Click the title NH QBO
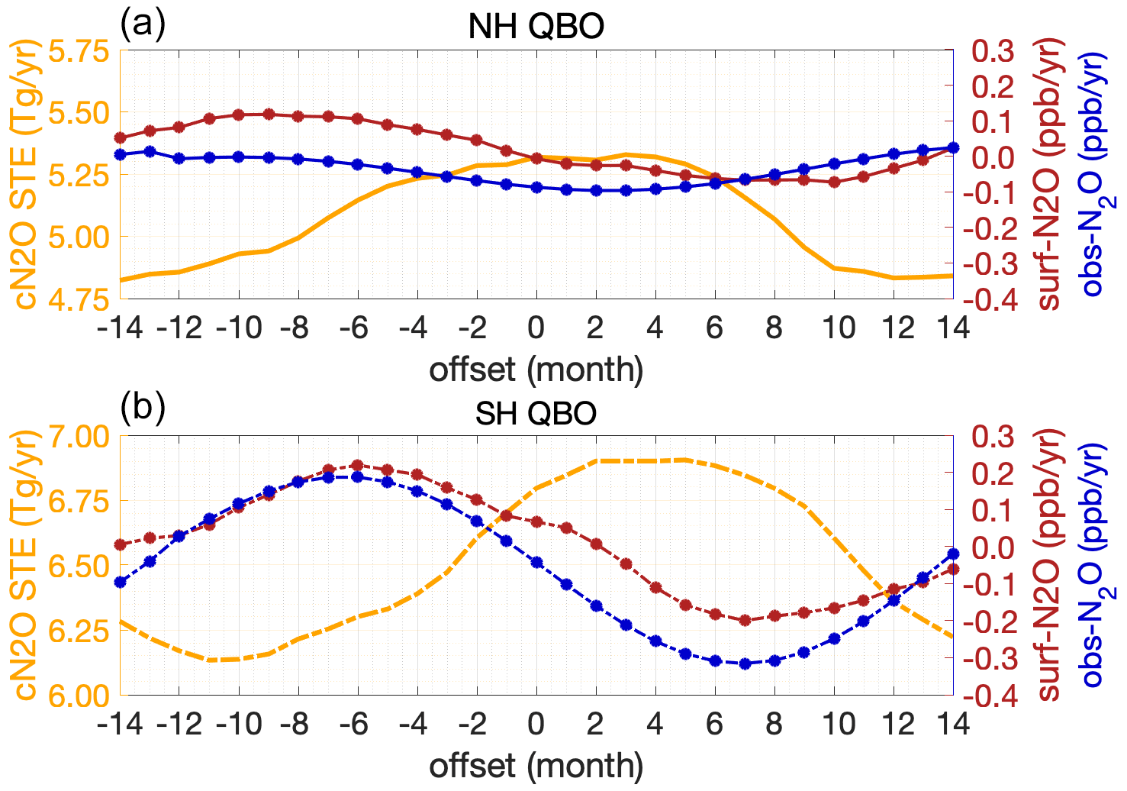[536, 27]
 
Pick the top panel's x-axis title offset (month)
[536, 370]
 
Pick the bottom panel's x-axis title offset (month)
[536, 766]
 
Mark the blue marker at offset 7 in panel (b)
[745, 663]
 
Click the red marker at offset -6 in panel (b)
[357, 465]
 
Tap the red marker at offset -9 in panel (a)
[268, 115]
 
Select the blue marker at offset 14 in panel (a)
[952, 148]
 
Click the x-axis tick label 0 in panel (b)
[536, 723]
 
